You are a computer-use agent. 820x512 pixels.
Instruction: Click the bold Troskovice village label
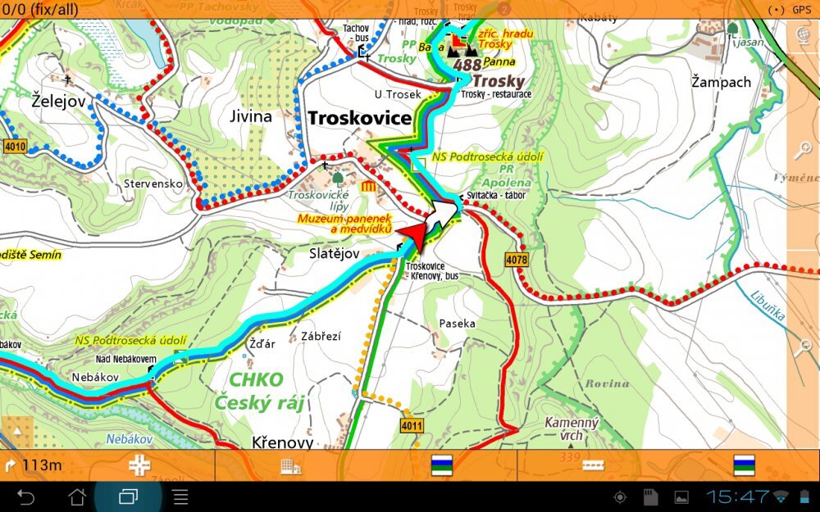(359, 119)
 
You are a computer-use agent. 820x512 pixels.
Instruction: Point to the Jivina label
(251, 116)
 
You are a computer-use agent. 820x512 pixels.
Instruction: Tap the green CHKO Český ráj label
(254, 391)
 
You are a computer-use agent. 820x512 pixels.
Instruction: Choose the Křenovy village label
(283, 442)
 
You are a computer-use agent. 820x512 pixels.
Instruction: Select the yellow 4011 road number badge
(412, 426)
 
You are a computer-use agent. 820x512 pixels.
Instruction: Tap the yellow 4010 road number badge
(15, 147)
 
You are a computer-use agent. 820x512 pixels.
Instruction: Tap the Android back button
(26, 496)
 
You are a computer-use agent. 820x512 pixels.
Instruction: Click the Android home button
(77, 496)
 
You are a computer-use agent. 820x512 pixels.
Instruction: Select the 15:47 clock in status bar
(737, 496)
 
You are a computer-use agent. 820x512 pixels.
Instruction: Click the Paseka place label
(457, 324)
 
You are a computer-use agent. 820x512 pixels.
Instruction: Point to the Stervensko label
(153, 184)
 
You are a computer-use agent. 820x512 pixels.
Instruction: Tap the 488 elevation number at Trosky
(466, 65)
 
